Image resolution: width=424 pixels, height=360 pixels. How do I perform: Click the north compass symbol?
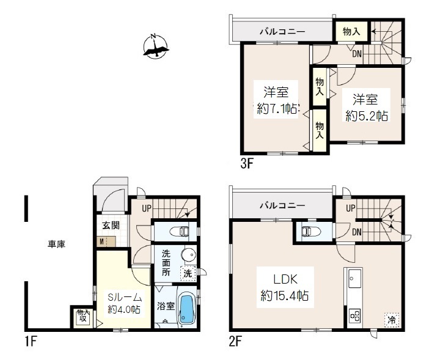[155, 47]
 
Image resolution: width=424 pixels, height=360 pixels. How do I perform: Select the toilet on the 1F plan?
[179, 232]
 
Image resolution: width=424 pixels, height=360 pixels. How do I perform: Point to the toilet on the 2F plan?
[311, 231]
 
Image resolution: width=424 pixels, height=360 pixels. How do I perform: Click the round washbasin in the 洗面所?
[189, 255]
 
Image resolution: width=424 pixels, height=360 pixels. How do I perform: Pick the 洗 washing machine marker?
[188, 273]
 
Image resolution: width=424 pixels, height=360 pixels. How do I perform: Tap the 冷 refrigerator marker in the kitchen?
[391, 320]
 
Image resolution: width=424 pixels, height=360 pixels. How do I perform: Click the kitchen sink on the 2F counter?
[355, 278]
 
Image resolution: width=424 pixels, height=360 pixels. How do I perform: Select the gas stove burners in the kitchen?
[354, 316]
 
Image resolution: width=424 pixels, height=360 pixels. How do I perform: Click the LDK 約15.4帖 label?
[285, 287]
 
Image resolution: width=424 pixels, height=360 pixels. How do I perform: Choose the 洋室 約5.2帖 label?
[367, 108]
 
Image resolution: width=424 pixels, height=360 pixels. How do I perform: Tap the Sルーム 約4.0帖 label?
[125, 304]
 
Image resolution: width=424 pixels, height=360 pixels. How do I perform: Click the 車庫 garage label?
[57, 244]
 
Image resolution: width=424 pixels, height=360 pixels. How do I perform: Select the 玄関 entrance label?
[111, 226]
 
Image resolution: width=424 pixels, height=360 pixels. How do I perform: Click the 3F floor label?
[247, 164]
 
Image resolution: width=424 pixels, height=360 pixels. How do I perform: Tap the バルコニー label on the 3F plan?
[283, 32]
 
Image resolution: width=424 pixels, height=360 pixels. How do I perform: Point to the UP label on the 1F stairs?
[147, 208]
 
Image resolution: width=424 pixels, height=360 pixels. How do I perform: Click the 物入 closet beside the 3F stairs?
[351, 32]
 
